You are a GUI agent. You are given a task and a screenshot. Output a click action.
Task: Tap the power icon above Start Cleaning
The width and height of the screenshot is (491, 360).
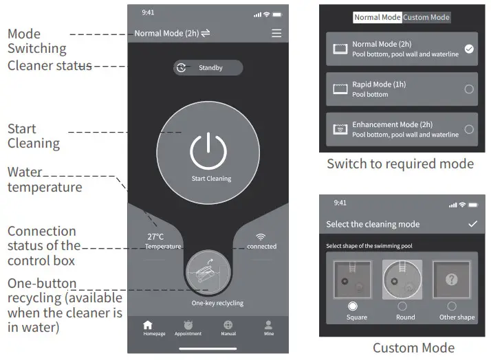tap(208, 150)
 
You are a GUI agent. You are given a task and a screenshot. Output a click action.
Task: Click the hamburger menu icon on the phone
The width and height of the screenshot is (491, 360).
tap(276, 33)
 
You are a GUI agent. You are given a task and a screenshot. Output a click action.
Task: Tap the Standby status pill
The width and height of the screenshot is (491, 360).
tap(208, 68)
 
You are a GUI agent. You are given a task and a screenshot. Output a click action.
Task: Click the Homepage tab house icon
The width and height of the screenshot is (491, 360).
tap(147, 324)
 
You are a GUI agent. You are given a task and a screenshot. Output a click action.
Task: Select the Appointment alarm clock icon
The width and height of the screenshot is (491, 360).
tap(188, 324)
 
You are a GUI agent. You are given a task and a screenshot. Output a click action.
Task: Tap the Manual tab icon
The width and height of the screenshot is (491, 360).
tap(228, 324)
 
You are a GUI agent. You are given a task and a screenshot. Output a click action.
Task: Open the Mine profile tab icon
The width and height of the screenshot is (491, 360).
tap(268, 324)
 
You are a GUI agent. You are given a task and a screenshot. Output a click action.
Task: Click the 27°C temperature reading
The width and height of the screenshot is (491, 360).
tap(155, 237)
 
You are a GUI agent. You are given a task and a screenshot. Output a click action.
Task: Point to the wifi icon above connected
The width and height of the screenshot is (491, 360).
tap(261, 236)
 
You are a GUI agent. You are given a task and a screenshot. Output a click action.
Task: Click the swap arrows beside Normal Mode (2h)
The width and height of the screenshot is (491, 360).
tap(206, 33)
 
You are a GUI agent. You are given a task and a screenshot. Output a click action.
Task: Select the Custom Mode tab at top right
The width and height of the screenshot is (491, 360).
tap(426, 18)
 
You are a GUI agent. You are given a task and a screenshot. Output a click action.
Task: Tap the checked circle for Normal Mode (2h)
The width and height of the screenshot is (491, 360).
tap(469, 49)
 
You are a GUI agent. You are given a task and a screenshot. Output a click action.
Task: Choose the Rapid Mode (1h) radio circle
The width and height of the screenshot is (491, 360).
tap(469, 89)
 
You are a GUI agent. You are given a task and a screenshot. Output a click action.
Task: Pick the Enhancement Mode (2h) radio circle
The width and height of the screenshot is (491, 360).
tap(469, 128)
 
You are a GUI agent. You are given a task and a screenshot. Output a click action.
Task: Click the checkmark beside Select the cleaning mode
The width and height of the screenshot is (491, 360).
tap(472, 224)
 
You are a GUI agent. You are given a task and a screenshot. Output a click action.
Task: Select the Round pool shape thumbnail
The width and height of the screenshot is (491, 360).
tap(402, 279)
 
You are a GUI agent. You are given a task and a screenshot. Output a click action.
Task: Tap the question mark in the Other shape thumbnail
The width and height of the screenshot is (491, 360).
tap(451, 280)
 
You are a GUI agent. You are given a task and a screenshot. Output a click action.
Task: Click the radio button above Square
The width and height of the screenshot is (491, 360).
tap(353, 306)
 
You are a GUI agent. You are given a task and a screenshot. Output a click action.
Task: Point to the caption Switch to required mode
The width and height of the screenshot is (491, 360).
tap(400, 164)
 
